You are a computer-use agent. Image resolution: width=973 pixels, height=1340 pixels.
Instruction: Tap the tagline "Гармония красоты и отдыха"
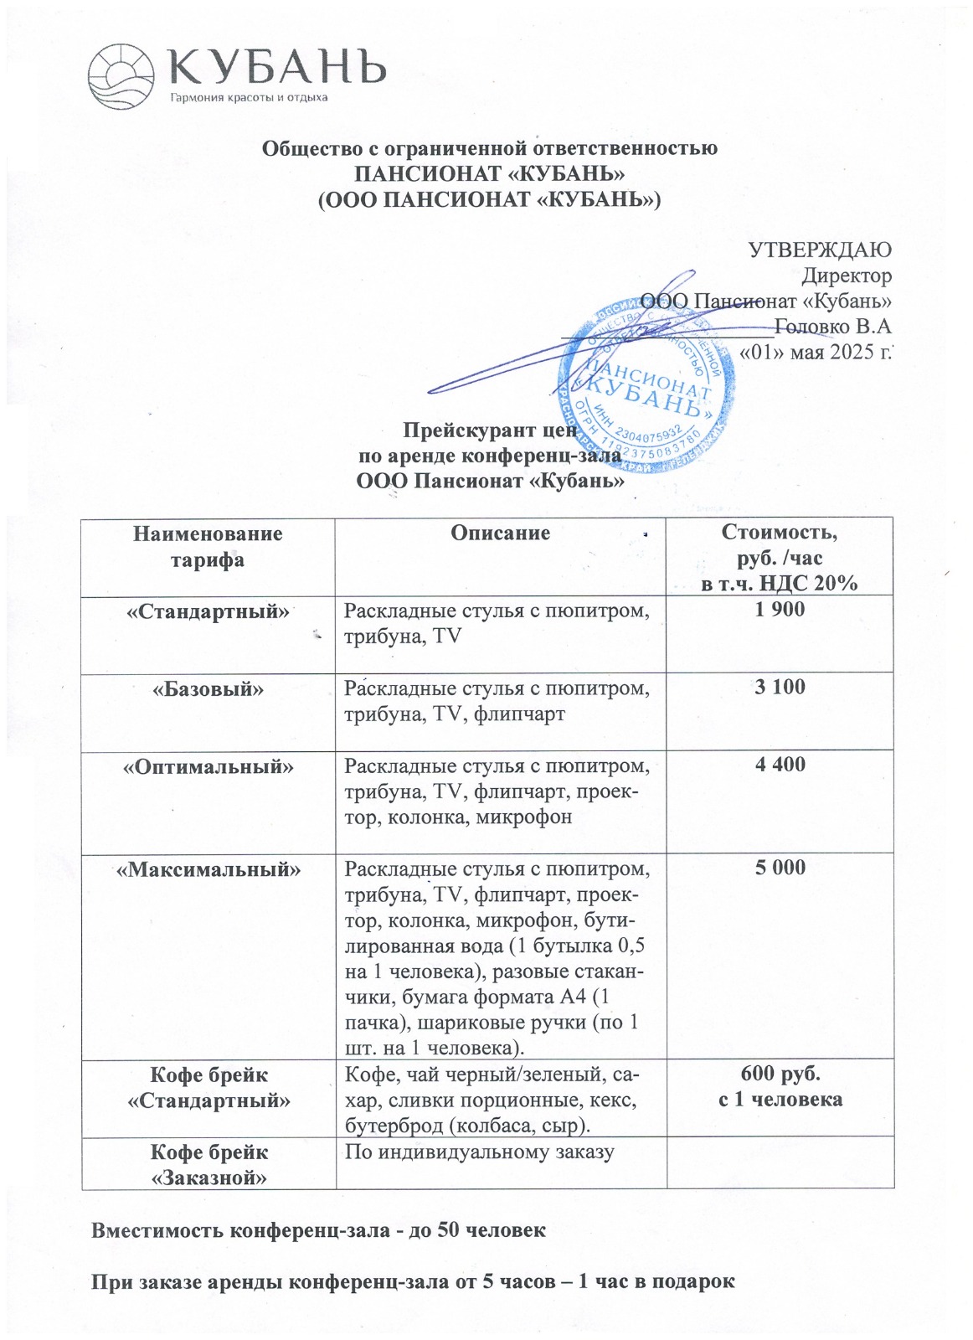pos(249,98)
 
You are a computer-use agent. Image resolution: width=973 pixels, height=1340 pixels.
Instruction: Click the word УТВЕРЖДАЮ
pos(819,250)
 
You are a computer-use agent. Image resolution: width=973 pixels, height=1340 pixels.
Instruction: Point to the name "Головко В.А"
pos(833,326)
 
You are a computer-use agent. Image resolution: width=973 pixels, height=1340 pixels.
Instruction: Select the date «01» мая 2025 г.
pos(816,352)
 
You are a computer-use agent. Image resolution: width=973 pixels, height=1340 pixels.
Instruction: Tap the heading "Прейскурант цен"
pos(491,430)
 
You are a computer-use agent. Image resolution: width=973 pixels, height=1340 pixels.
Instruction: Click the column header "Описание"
pos(500,533)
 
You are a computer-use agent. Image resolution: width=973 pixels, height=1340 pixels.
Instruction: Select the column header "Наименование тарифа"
pos(208,546)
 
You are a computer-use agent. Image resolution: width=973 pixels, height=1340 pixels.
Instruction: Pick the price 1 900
pos(780,610)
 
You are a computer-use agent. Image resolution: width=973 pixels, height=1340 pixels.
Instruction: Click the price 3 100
pos(780,688)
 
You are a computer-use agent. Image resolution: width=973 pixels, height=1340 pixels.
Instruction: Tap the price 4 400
pos(780,764)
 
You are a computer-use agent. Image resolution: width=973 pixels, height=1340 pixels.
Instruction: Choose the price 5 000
pos(780,867)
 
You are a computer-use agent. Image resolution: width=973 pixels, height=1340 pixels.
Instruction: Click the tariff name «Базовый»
pos(208,688)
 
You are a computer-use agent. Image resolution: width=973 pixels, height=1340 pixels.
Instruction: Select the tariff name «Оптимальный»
pos(208,765)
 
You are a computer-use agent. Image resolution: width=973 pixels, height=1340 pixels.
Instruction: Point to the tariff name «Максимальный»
pos(208,868)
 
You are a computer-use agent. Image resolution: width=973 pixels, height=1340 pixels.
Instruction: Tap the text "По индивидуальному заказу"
pos(480,1152)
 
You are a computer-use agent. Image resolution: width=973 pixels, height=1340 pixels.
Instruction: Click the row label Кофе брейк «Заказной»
pos(208,1164)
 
